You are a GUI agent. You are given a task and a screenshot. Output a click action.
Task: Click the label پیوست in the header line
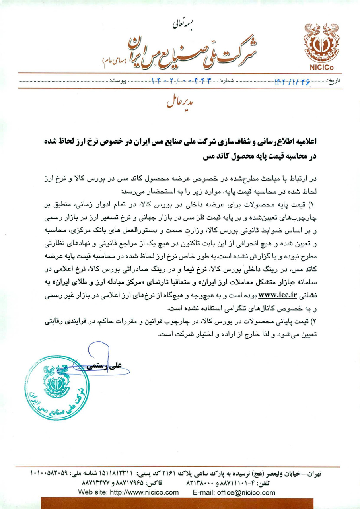(x=118, y=81)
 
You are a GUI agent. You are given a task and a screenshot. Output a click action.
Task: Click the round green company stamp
(x=56, y=387)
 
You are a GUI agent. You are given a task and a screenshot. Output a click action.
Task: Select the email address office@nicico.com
(x=245, y=492)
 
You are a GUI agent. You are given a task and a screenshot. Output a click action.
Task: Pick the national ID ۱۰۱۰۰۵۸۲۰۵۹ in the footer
(x=49, y=474)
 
